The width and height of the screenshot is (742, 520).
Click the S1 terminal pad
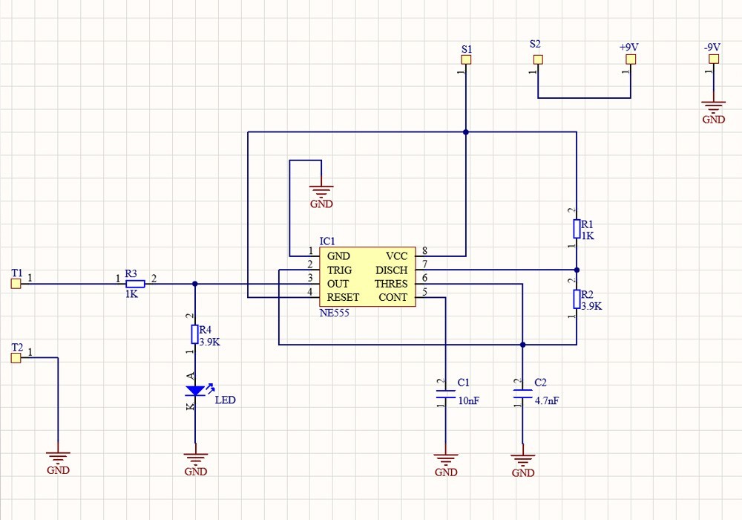tap(466, 59)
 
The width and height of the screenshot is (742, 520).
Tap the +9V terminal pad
tap(630, 59)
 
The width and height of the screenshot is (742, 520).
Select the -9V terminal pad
tap(714, 59)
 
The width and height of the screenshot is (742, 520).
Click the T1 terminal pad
tap(16, 284)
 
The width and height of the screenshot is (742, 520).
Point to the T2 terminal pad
tap(16, 358)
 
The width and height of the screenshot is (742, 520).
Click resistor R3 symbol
tap(134, 284)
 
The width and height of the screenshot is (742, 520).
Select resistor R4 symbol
tap(195, 333)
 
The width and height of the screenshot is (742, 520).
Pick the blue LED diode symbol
tap(195, 391)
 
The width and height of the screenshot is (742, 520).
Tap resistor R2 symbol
tap(577, 299)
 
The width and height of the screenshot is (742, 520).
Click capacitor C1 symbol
tap(445, 394)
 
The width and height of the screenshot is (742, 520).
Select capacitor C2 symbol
tap(522, 394)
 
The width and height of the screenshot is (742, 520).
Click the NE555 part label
tap(334, 313)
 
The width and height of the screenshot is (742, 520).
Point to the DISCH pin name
tap(391, 270)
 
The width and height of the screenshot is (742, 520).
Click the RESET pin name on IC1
tap(343, 297)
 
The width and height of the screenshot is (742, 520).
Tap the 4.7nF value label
tap(546, 400)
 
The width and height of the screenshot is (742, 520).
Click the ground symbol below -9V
tap(714, 109)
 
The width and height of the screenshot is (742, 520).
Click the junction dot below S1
tap(466, 132)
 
